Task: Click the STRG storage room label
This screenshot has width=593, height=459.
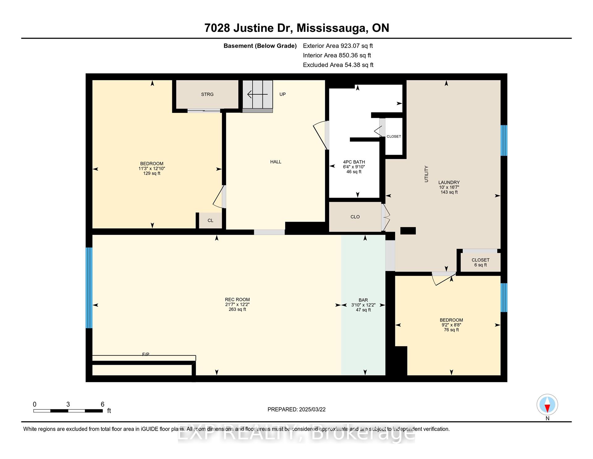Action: (x=207, y=94)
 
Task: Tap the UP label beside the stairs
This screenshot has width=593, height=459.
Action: (x=283, y=94)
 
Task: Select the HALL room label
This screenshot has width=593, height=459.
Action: (x=276, y=162)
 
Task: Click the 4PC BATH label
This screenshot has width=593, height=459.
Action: (x=354, y=162)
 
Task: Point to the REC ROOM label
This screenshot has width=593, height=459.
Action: (x=237, y=300)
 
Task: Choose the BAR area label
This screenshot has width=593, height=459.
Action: (x=363, y=300)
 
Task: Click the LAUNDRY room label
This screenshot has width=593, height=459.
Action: (x=449, y=182)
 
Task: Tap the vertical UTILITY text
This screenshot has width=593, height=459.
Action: (x=426, y=174)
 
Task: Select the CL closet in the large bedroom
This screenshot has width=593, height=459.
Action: (x=210, y=221)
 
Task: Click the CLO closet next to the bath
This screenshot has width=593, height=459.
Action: (x=355, y=217)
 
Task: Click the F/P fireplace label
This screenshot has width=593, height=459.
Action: (x=146, y=354)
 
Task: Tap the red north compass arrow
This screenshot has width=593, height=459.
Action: (x=547, y=409)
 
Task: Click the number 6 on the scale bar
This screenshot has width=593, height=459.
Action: (x=103, y=404)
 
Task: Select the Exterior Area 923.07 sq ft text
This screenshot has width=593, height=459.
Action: (x=338, y=46)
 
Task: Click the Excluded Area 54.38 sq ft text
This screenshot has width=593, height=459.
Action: (x=338, y=65)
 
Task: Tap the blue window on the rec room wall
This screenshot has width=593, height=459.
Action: (x=89, y=288)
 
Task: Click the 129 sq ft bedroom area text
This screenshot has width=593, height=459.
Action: (x=152, y=174)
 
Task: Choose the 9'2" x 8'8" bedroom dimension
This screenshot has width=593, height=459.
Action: (x=451, y=325)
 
